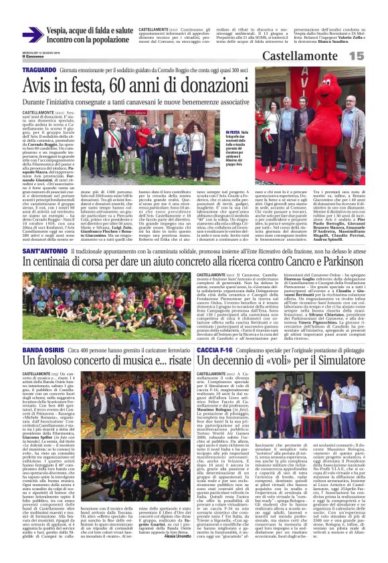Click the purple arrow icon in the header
33,35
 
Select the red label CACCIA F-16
215,350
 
